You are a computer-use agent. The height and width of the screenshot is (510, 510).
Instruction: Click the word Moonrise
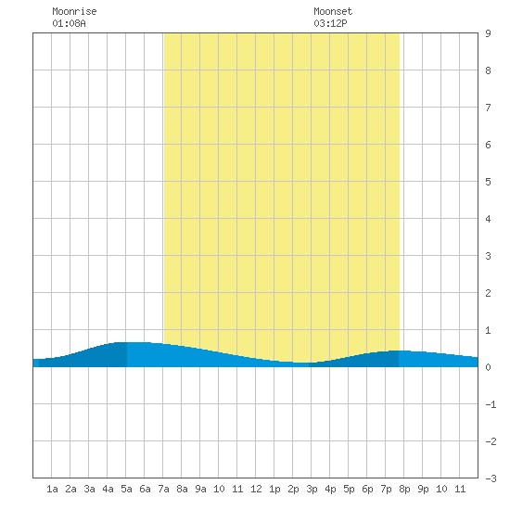pyautogui.click(x=74, y=11)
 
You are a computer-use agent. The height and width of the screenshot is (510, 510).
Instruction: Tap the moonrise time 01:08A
pyautogui.click(x=69, y=23)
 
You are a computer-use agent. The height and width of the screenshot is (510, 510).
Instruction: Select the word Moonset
pyautogui.click(x=333, y=11)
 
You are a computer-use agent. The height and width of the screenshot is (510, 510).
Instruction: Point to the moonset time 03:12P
pyautogui.click(x=330, y=23)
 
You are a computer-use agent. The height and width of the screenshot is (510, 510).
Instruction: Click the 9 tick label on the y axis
pyautogui.click(x=488, y=33)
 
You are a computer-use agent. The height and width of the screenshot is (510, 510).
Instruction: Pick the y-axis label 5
pyautogui.click(x=488, y=182)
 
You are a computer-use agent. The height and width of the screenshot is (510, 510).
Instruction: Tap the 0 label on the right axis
pyautogui.click(x=488, y=367)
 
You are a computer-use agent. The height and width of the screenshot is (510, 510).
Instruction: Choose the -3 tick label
pyautogui.click(x=491, y=478)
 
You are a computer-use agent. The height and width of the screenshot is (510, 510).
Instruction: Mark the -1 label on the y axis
pyautogui.click(x=491, y=404)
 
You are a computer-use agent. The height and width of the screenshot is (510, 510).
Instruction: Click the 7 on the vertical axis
pyautogui.click(x=488, y=108)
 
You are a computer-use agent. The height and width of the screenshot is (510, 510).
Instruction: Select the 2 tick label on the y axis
pyautogui.click(x=488, y=293)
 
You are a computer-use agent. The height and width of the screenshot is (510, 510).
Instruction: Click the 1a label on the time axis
pyautogui.click(x=52, y=489)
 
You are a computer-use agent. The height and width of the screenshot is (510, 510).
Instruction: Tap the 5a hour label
pyautogui.click(x=126, y=489)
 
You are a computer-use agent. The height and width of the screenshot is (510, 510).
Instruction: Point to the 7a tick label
pyautogui.click(x=163, y=489)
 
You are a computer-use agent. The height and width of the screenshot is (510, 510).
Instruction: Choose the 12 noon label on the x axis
pyautogui.click(x=256, y=489)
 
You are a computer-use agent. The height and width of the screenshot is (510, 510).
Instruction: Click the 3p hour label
pyautogui.click(x=312, y=489)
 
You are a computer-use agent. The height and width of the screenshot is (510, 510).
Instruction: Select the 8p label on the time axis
pyautogui.click(x=404, y=489)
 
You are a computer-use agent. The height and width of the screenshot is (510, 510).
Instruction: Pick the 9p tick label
pyautogui.click(x=423, y=489)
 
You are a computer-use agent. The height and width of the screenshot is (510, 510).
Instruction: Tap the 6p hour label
pyautogui.click(x=367, y=489)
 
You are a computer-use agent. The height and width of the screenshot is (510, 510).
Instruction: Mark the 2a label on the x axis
pyautogui.click(x=70, y=489)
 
